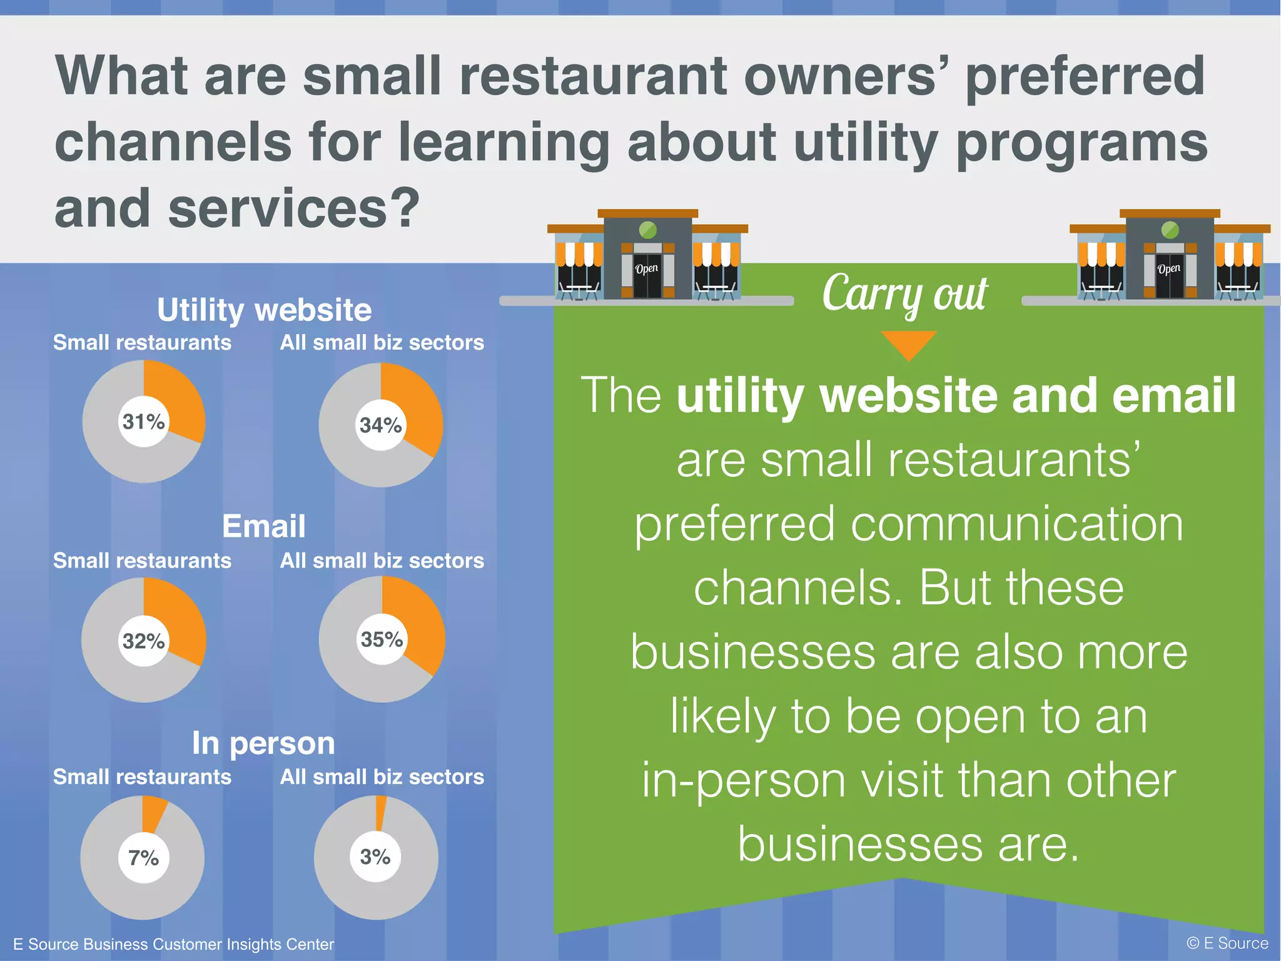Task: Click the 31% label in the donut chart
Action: click(x=144, y=422)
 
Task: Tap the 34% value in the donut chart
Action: click(x=380, y=425)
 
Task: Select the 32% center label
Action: click(x=144, y=641)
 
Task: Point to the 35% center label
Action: click(x=382, y=639)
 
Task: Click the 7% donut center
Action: click(x=143, y=858)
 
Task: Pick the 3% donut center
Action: click(x=375, y=857)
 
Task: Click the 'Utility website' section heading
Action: click(x=264, y=310)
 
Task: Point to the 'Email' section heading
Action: click(x=264, y=526)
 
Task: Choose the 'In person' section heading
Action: click(x=263, y=743)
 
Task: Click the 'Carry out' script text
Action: click(x=904, y=293)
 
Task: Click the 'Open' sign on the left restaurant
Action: click(x=647, y=269)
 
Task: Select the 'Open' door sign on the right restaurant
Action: click(x=1168, y=269)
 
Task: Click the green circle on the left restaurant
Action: click(x=648, y=230)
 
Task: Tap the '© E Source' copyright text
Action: click(x=1227, y=943)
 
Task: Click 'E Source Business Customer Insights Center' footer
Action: click(x=173, y=944)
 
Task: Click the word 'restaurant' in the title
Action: click(x=592, y=76)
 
